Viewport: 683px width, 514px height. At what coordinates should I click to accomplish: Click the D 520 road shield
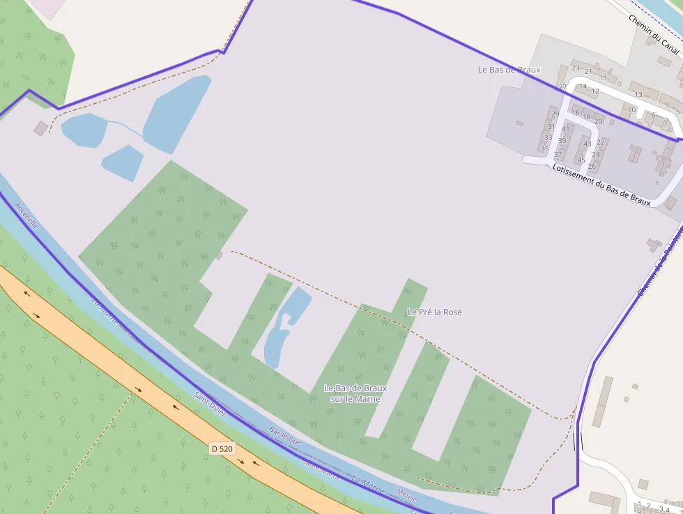[x=222, y=448]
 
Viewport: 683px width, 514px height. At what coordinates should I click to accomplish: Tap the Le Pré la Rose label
[x=434, y=312]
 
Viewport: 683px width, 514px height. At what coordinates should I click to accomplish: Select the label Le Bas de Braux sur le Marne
[x=355, y=393]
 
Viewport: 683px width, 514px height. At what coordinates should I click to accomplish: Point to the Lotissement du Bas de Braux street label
[x=601, y=184]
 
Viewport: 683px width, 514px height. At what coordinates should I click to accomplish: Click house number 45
[x=581, y=160]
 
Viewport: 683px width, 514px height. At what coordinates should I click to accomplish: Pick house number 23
[x=576, y=68]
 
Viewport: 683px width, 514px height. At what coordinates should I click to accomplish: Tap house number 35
[x=545, y=149]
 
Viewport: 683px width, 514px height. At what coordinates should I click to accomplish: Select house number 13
[x=638, y=95]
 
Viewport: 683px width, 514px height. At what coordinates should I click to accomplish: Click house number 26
[x=592, y=166]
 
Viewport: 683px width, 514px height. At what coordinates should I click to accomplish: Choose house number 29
[x=555, y=114]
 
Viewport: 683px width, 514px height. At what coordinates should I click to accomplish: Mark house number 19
[x=604, y=77]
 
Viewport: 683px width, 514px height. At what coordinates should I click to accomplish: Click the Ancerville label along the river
[x=26, y=217]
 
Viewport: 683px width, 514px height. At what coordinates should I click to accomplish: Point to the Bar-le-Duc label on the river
[x=284, y=437]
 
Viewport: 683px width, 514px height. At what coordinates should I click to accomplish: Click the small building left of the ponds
[x=41, y=128]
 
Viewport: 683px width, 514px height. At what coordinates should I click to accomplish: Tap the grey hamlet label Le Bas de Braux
[x=509, y=70]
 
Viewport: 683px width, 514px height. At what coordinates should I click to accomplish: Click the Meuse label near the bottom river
[x=407, y=496]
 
